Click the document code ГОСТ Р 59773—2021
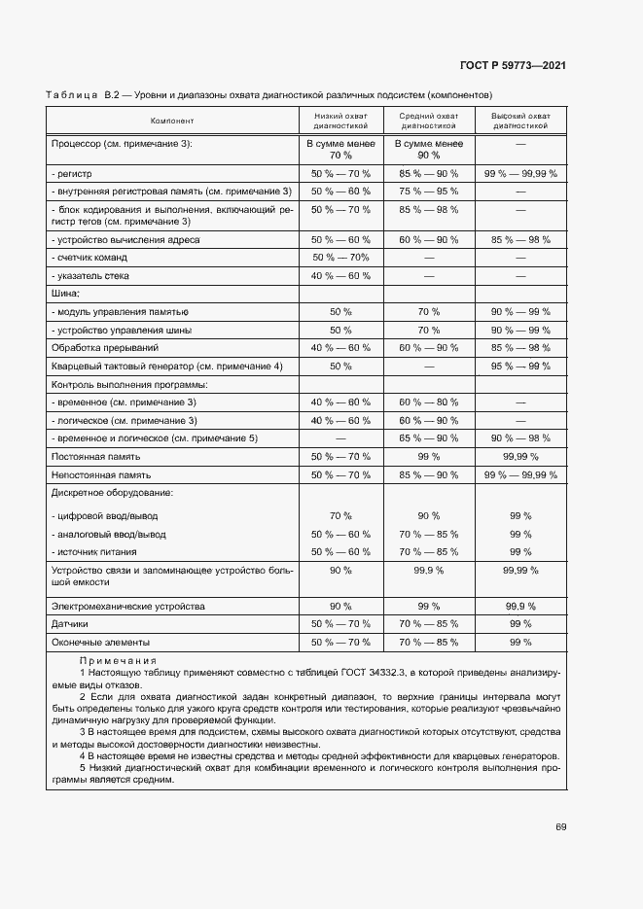[x=513, y=65]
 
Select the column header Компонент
[x=172, y=121]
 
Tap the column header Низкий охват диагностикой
[x=340, y=121]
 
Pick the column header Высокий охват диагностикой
[x=519, y=121]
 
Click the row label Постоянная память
[x=95, y=456]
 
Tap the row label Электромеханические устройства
[x=127, y=606]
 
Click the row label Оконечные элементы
[x=94, y=643]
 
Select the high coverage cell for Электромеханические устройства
[x=519, y=606]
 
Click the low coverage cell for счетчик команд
[x=340, y=257]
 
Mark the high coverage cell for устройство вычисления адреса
[x=519, y=238]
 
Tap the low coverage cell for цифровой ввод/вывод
[x=340, y=515]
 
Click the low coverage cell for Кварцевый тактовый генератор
[x=340, y=366]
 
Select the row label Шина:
[x=64, y=293]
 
